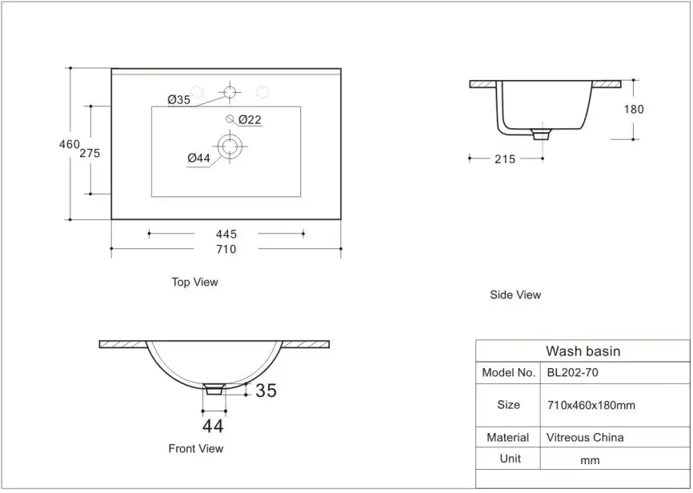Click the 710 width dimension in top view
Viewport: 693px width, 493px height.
[226, 250]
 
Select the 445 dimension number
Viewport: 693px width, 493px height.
[226, 234]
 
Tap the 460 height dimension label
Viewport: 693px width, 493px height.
[70, 144]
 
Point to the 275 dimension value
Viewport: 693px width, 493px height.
[90, 153]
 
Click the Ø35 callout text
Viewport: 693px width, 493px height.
[179, 99]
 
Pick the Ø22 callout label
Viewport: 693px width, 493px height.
[250, 119]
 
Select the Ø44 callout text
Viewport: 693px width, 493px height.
[198, 158]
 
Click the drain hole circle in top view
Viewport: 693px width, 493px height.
[230, 146]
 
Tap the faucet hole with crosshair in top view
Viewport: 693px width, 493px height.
[230, 92]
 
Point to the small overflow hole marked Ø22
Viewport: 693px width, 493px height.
[230, 118]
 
